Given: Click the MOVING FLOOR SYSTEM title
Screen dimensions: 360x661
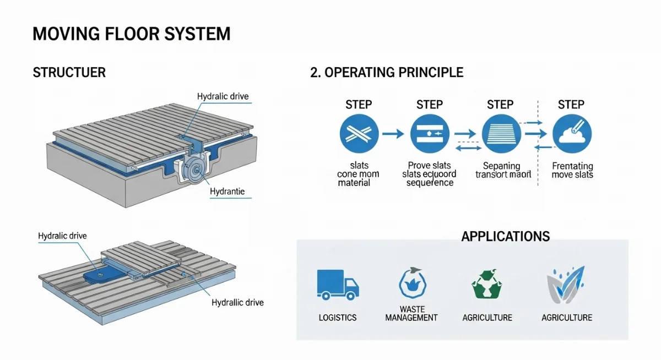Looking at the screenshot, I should point(131,34).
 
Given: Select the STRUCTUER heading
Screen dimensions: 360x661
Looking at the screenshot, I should point(69,73).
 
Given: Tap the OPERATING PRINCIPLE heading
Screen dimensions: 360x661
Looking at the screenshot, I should point(387,73).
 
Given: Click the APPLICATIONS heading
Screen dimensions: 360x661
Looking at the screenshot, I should point(505,237).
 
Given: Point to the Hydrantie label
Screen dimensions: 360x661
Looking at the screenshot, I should point(227,192).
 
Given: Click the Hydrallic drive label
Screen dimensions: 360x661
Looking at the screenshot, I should point(237,303).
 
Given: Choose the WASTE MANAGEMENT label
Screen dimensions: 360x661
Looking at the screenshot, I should point(411,314).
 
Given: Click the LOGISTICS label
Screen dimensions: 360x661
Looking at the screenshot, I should point(338,318).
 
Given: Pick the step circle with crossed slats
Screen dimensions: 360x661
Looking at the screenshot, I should point(359,134).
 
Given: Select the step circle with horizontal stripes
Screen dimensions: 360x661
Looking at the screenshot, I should point(501,134).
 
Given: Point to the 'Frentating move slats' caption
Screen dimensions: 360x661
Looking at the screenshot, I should point(572,171).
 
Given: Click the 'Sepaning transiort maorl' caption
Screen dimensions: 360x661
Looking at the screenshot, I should point(503,171).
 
